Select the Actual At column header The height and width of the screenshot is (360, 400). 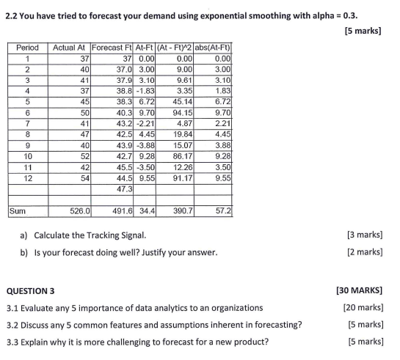click(71, 48)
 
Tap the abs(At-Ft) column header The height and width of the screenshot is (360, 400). click(213, 48)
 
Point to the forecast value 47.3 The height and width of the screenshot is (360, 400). click(126, 188)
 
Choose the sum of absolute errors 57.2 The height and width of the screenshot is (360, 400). click(223, 210)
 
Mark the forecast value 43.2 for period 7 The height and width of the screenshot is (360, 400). click(124, 124)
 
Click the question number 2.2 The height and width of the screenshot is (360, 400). click(12, 15)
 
